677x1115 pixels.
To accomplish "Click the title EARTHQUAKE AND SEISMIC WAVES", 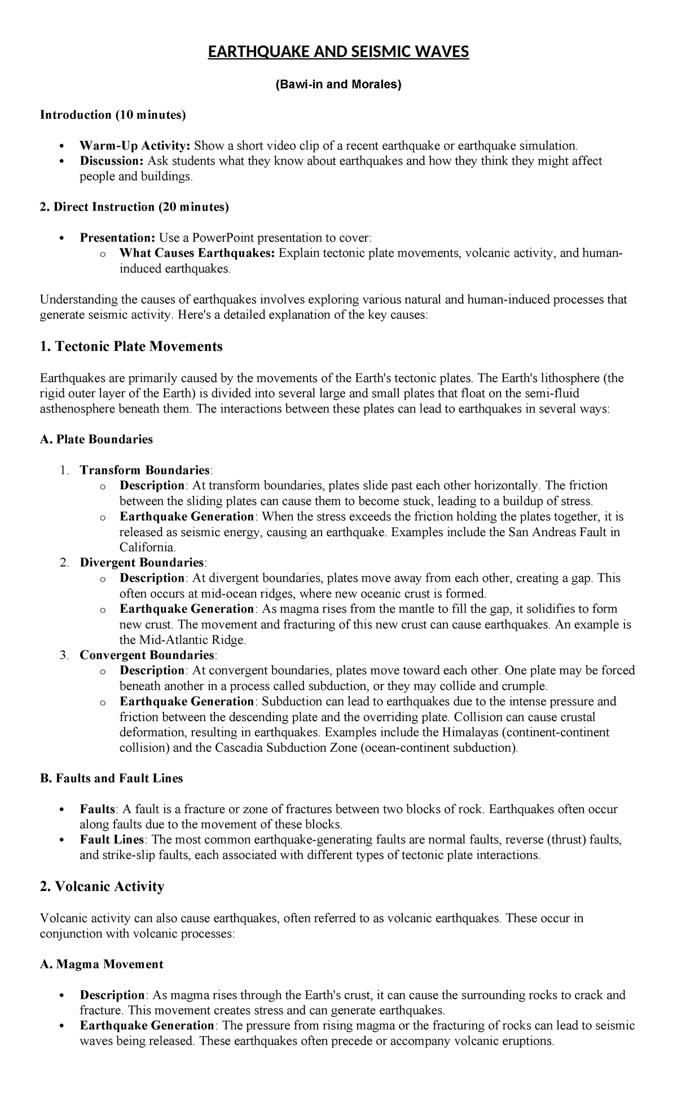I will pos(338,52).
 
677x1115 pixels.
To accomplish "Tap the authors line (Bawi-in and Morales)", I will pos(338,85).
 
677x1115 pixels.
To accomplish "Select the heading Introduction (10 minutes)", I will pos(112,115).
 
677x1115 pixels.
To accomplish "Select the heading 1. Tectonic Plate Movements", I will pos(131,346).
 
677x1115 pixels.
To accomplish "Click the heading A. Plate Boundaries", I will pos(96,440).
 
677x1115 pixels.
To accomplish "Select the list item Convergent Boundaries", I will pos(147,655).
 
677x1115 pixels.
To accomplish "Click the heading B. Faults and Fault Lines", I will pos(112,779).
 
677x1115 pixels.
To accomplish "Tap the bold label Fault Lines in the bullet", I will pos(112,840).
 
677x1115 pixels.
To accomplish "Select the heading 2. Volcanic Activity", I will pos(102,886).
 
